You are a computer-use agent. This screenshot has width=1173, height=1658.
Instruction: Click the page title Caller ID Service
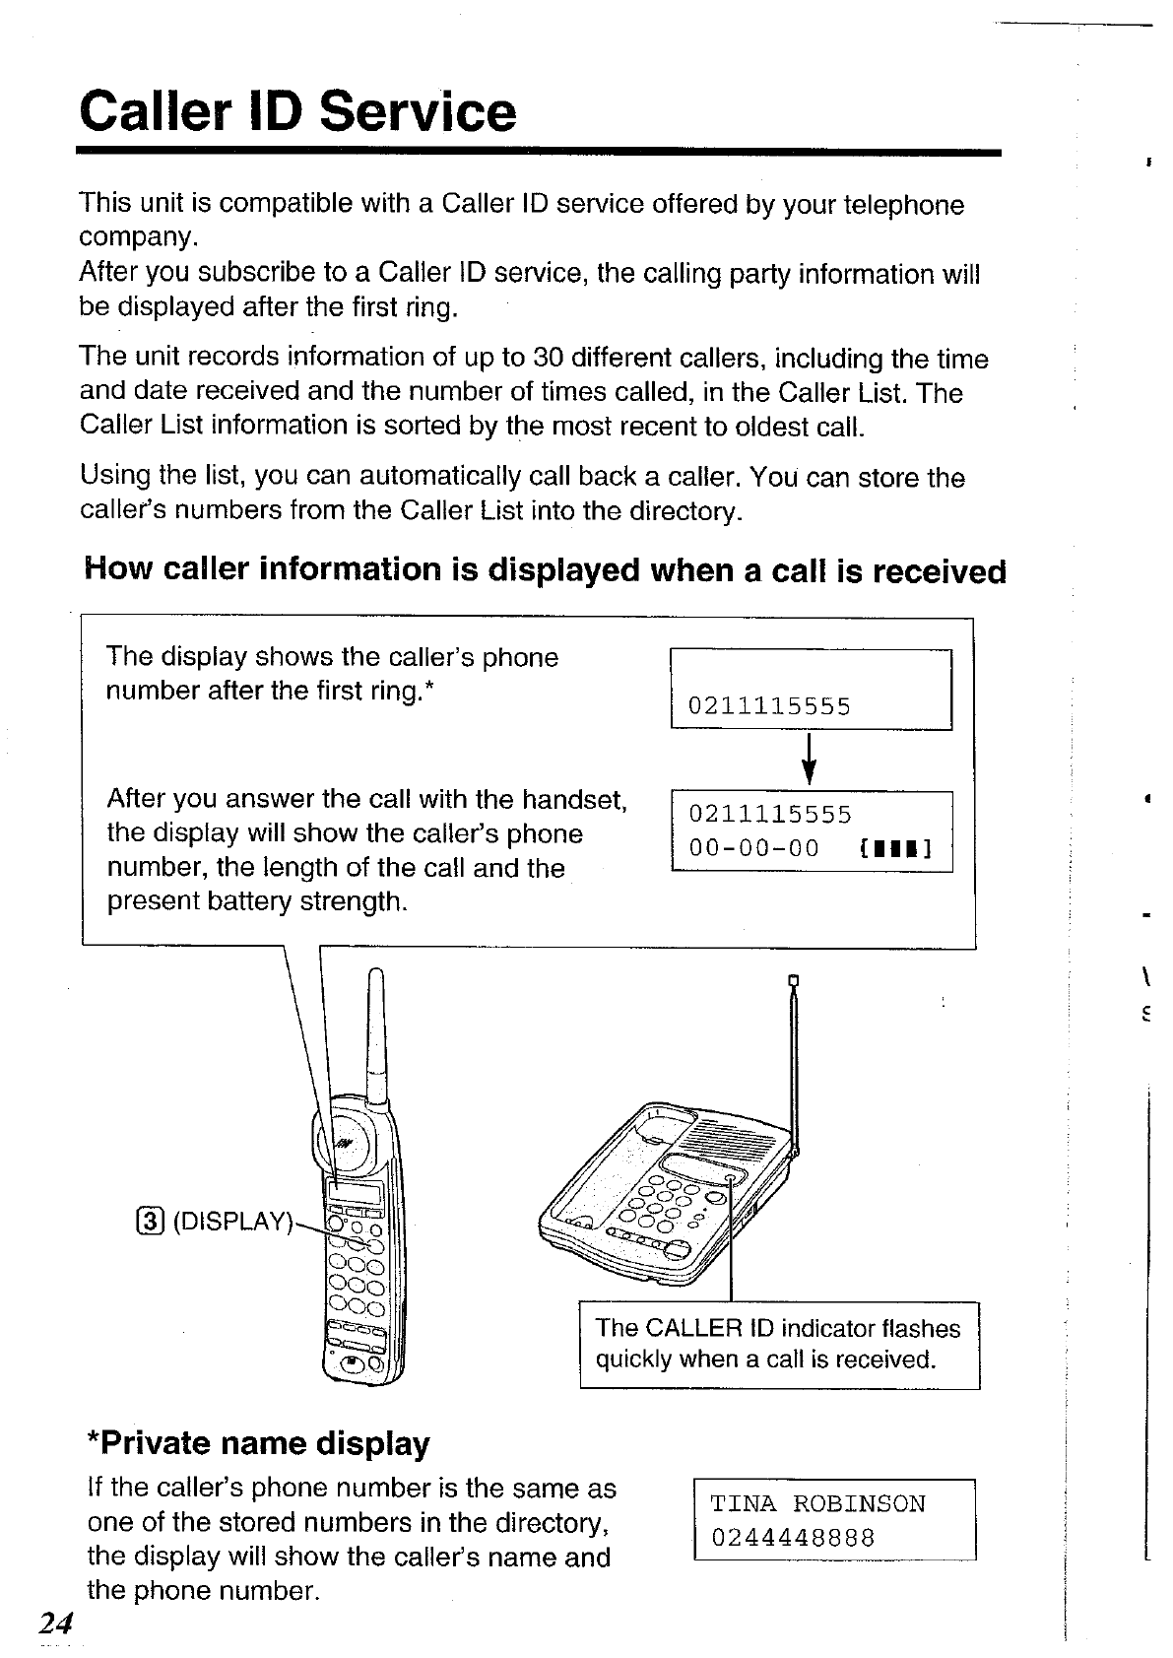[297, 111]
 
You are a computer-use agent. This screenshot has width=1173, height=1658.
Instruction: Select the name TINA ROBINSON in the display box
[817, 1504]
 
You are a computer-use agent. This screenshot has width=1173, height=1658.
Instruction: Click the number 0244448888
[793, 1538]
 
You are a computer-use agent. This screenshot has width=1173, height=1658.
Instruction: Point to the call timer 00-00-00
[754, 848]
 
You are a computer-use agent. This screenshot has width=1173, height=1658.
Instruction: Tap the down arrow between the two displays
[810, 759]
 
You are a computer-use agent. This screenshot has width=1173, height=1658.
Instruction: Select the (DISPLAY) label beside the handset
[232, 1222]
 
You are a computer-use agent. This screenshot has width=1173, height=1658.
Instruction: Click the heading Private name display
[259, 1443]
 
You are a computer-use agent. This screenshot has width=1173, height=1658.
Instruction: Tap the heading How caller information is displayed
[546, 570]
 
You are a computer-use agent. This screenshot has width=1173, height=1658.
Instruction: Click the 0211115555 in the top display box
[769, 706]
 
